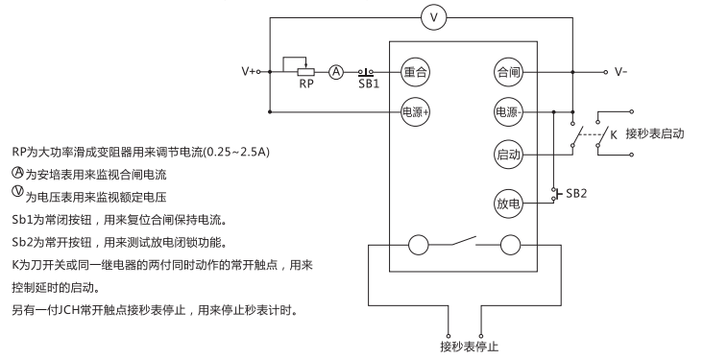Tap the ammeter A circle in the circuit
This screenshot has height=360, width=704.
(x=337, y=72)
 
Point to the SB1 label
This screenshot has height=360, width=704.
(x=369, y=84)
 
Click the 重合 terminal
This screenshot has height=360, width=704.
(x=415, y=72)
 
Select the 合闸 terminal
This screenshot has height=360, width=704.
(x=507, y=72)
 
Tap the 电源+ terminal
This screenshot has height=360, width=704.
(x=415, y=110)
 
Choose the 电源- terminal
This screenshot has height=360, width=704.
(x=507, y=110)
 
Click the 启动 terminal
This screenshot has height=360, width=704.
(x=507, y=154)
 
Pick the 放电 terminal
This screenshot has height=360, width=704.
(x=507, y=204)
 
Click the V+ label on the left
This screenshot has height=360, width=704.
(x=252, y=72)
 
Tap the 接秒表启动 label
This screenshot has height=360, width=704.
(x=654, y=133)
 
